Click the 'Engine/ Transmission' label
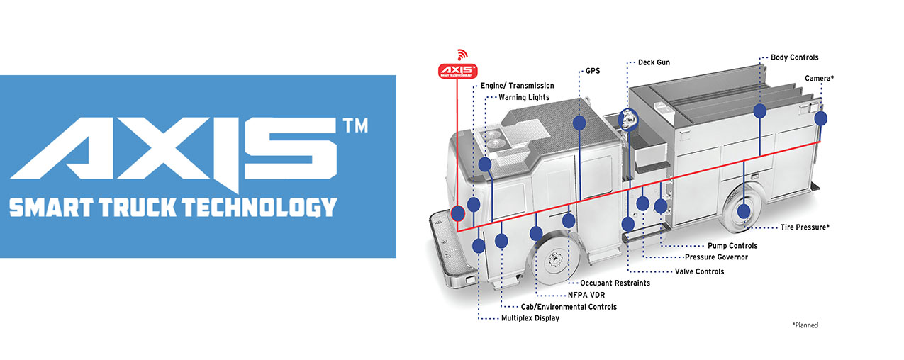(517, 86)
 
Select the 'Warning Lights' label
(523, 98)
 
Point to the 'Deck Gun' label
(654, 62)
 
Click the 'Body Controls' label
(795, 57)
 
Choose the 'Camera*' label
(819, 78)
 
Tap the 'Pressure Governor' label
(716, 257)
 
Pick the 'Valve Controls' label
(695, 271)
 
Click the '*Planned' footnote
(805, 325)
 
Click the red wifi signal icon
(462, 54)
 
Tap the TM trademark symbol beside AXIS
(355, 125)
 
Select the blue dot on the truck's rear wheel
(743, 210)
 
